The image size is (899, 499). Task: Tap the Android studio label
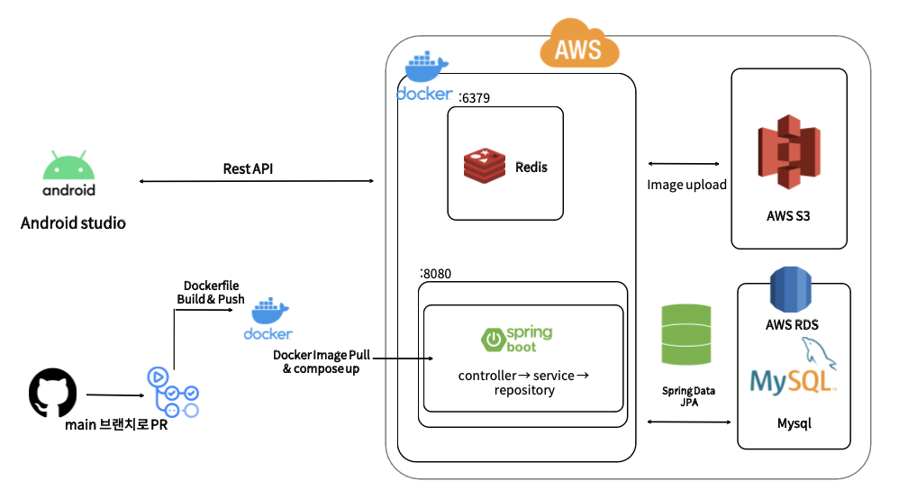(73, 222)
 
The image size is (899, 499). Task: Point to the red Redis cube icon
(486, 168)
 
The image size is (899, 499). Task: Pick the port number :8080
(436, 272)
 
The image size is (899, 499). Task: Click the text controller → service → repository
(523, 382)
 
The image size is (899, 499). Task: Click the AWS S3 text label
(788, 217)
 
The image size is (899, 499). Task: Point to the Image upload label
(686, 185)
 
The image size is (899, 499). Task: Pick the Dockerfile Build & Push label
(211, 292)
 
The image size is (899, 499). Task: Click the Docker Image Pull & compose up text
(318, 362)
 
